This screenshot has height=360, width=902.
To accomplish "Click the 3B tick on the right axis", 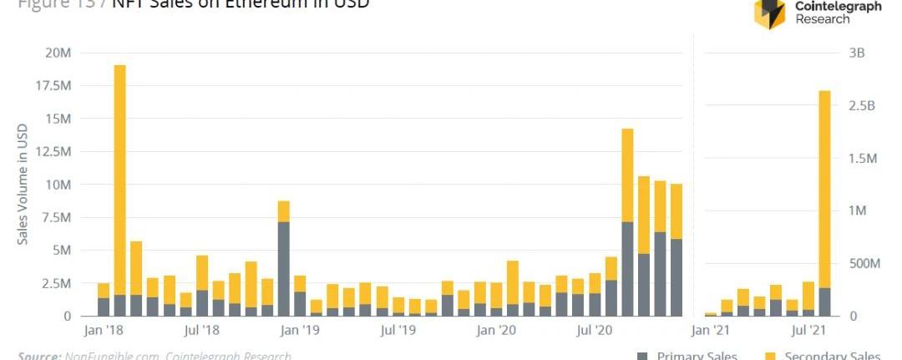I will pyautogui.click(x=856, y=53).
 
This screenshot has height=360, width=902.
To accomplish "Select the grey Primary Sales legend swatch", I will pyautogui.click(x=643, y=356).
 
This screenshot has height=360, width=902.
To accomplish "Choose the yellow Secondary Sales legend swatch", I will pyautogui.click(x=771, y=356).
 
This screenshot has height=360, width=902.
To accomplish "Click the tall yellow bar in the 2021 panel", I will pyautogui.click(x=824, y=189).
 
